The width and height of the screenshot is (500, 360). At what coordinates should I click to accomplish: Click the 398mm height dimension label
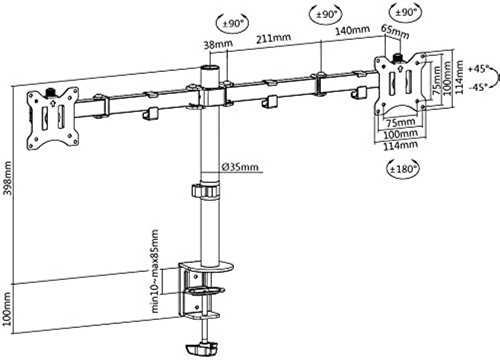(7, 178)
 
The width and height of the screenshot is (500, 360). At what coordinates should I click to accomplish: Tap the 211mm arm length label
(273, 38)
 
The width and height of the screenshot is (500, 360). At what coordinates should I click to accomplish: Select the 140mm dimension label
(352, 30)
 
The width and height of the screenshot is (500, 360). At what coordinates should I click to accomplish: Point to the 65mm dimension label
(395, 32)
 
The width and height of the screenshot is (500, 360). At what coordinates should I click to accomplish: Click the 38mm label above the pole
(218, 44)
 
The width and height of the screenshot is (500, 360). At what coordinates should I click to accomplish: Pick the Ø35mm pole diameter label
(240, 167)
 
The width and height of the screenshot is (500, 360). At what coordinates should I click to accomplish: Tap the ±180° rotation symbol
(402, 168)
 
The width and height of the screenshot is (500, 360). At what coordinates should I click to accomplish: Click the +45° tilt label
(478, 68)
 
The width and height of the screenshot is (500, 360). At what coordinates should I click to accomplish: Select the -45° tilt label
(478, 86)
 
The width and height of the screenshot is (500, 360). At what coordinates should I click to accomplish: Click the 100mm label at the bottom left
(7, 308)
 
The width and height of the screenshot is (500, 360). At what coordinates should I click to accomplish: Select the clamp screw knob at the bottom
(201, 348)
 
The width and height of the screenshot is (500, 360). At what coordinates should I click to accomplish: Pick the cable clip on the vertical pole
(205, 191)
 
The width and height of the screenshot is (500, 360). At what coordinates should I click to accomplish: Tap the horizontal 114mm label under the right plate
(400, 145)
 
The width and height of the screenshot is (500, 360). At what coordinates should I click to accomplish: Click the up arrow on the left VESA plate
(53, 103)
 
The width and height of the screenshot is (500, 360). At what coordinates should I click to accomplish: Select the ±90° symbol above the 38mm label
(232, 23)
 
